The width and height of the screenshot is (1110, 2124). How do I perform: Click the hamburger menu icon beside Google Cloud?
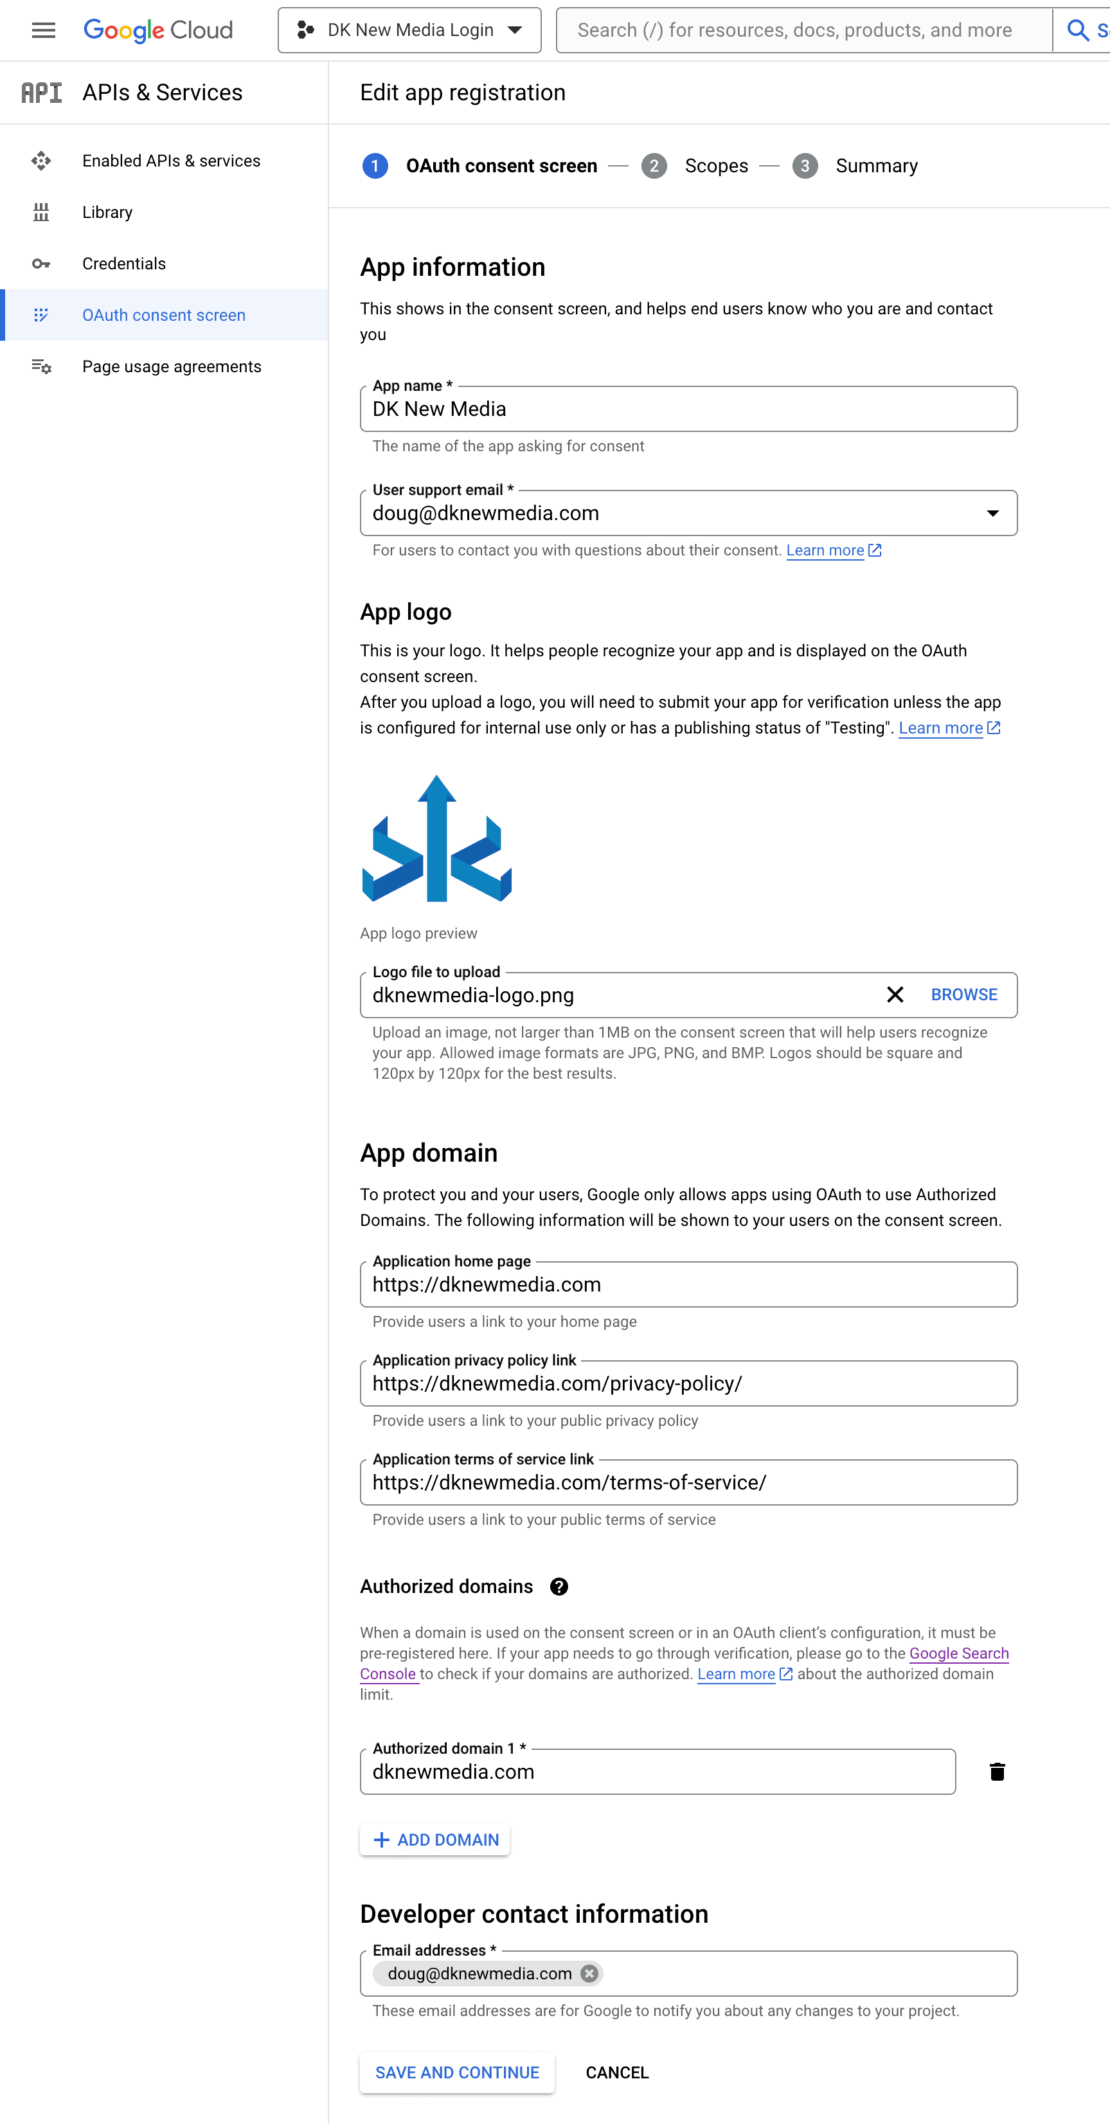tap(43, 30)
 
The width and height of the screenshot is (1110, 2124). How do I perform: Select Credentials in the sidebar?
tap(123, 264)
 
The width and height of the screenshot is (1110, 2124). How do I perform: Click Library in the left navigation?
tap(107, 212)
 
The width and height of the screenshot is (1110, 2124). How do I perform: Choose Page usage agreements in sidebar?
tap(172, 367)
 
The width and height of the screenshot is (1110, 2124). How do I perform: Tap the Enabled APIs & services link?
tap(171, 161)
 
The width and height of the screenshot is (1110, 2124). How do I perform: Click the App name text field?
tap(688, 410)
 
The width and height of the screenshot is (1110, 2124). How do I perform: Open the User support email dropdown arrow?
tap(993, 514)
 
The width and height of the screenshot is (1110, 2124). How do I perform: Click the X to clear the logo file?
tap(895, 995)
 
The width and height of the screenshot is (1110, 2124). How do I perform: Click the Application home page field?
tap(688, 1284)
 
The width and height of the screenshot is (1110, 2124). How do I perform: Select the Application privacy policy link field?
tap(688, 1383)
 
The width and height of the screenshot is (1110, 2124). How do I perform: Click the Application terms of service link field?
tap(688, 1482)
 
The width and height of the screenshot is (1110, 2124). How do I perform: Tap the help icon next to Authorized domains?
tap(559, 1587)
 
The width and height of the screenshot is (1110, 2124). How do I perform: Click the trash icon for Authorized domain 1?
tap(997, 1772)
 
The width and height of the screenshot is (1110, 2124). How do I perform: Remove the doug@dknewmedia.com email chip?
tap(589, 1973)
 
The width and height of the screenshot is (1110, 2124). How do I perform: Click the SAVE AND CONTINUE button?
tap(457, 2073)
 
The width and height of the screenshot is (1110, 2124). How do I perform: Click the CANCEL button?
tap(617, 2073)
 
